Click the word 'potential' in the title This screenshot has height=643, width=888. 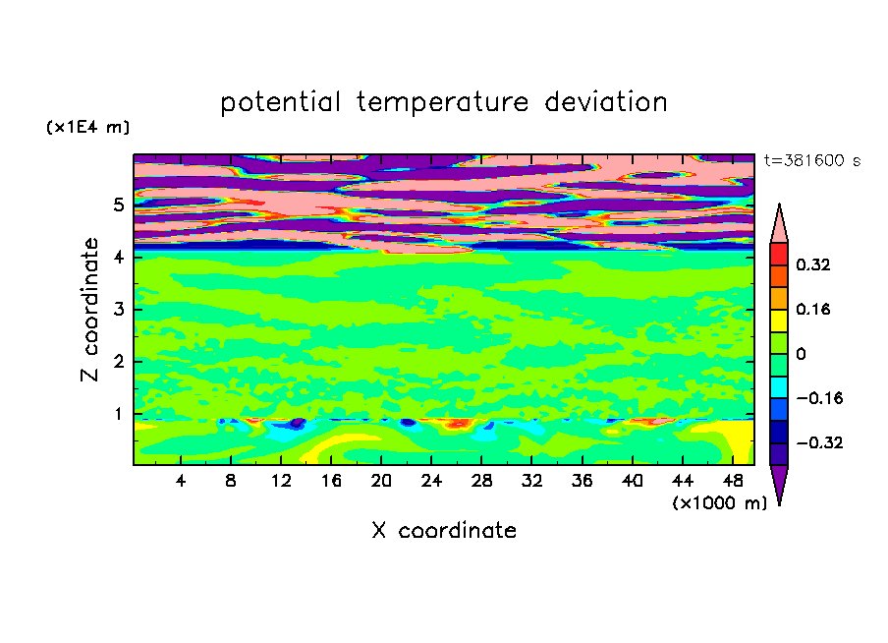coord(280,102)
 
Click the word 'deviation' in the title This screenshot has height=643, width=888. coord(606,101)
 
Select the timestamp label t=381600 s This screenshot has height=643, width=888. coord(812,160)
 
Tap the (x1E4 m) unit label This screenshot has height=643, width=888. coord(87,127)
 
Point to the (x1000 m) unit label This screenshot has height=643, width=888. coord(719,503)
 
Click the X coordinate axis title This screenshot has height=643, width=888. coord(444,531)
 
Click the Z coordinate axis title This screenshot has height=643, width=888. coord(89,310)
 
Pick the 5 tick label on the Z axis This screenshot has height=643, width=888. coord(118,205)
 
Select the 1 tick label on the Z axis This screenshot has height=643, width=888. coord(118,414)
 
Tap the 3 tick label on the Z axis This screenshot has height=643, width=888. coord(118,310)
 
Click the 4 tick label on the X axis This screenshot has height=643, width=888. coord(181,481)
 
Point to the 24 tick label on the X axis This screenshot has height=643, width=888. coord(431,481)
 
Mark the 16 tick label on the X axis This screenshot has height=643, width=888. coord(331,481)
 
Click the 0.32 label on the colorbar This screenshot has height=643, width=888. coord(812,264)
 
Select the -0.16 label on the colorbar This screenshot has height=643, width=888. coord(819,398)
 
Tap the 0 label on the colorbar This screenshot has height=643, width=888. coord(801,354)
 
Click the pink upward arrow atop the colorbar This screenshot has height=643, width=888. coord(779,224)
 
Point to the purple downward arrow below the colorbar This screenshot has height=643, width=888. coord(779,484)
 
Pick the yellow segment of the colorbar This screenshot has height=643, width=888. coord(779,321)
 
